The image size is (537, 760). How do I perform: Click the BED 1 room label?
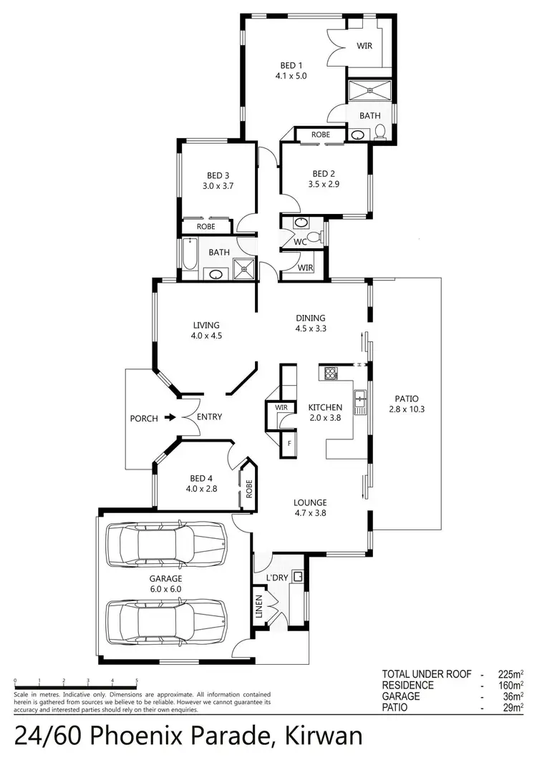(290, 64)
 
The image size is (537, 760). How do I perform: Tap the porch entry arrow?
(170, 417)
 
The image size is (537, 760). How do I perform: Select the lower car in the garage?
(166, 620)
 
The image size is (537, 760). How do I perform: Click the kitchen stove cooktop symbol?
(332, 372)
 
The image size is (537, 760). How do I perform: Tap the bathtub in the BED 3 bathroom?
(189, 255)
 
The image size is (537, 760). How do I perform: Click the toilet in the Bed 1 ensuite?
(380, 132)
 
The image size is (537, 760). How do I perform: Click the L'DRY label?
(276, 577)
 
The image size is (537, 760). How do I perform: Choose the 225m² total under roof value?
(508, 674)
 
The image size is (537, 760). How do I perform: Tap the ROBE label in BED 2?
(320, 135)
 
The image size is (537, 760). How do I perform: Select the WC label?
(300, 242)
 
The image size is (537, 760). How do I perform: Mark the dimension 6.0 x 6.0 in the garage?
(165, 589)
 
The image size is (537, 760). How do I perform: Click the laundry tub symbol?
(298, 575)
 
